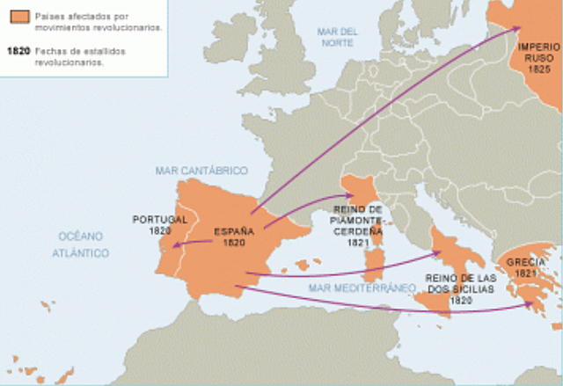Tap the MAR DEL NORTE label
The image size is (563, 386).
338,36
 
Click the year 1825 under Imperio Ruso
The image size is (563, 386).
539,69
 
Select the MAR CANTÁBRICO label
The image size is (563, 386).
201,171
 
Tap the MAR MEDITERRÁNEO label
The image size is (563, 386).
361,288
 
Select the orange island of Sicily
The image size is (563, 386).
437,302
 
